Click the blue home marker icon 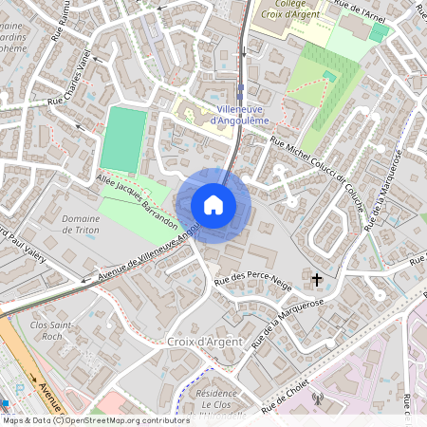click(x=213, y=205)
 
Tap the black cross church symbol click(x=318, y=279)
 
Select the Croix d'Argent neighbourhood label click(x=204, y=341)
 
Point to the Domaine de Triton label click(x=81, y=224)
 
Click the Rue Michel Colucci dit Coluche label click(x=318, y=162)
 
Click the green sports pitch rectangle click(x=121, y=139)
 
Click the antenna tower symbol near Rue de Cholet click(x=318, y=399)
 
